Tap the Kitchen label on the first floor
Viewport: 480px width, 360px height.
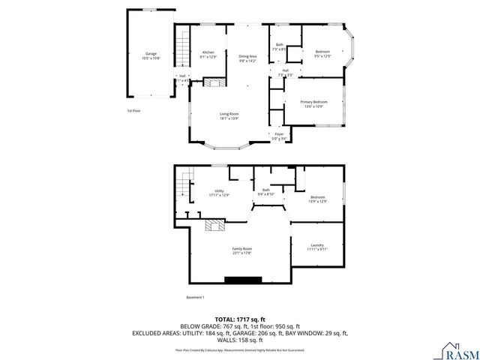[208, 55]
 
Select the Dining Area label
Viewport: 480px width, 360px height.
[247, 58]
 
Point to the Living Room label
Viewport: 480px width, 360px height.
[229, 115]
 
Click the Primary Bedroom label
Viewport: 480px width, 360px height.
[313, 103]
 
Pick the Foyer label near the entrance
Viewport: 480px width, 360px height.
[278, 136]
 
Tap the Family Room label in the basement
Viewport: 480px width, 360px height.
[241, 250]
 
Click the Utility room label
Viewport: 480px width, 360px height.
[219, 193]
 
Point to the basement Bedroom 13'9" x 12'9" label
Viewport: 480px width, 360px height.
[318, 199]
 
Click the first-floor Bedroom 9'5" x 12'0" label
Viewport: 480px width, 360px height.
[322, 53]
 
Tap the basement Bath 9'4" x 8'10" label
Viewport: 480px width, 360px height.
[265, 192]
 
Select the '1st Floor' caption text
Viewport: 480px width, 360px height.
[133, 110]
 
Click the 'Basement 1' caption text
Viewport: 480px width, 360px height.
[195, 298]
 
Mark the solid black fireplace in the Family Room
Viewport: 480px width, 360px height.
[241, 280]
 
